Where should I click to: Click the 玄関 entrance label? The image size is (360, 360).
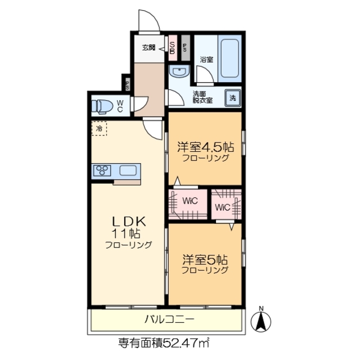point(149,47)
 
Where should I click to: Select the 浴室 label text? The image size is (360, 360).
point(206,59)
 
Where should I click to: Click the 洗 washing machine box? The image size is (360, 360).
point(233,98)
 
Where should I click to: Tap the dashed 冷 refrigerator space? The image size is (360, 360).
point(99,129)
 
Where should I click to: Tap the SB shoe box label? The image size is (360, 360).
point(173,48)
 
